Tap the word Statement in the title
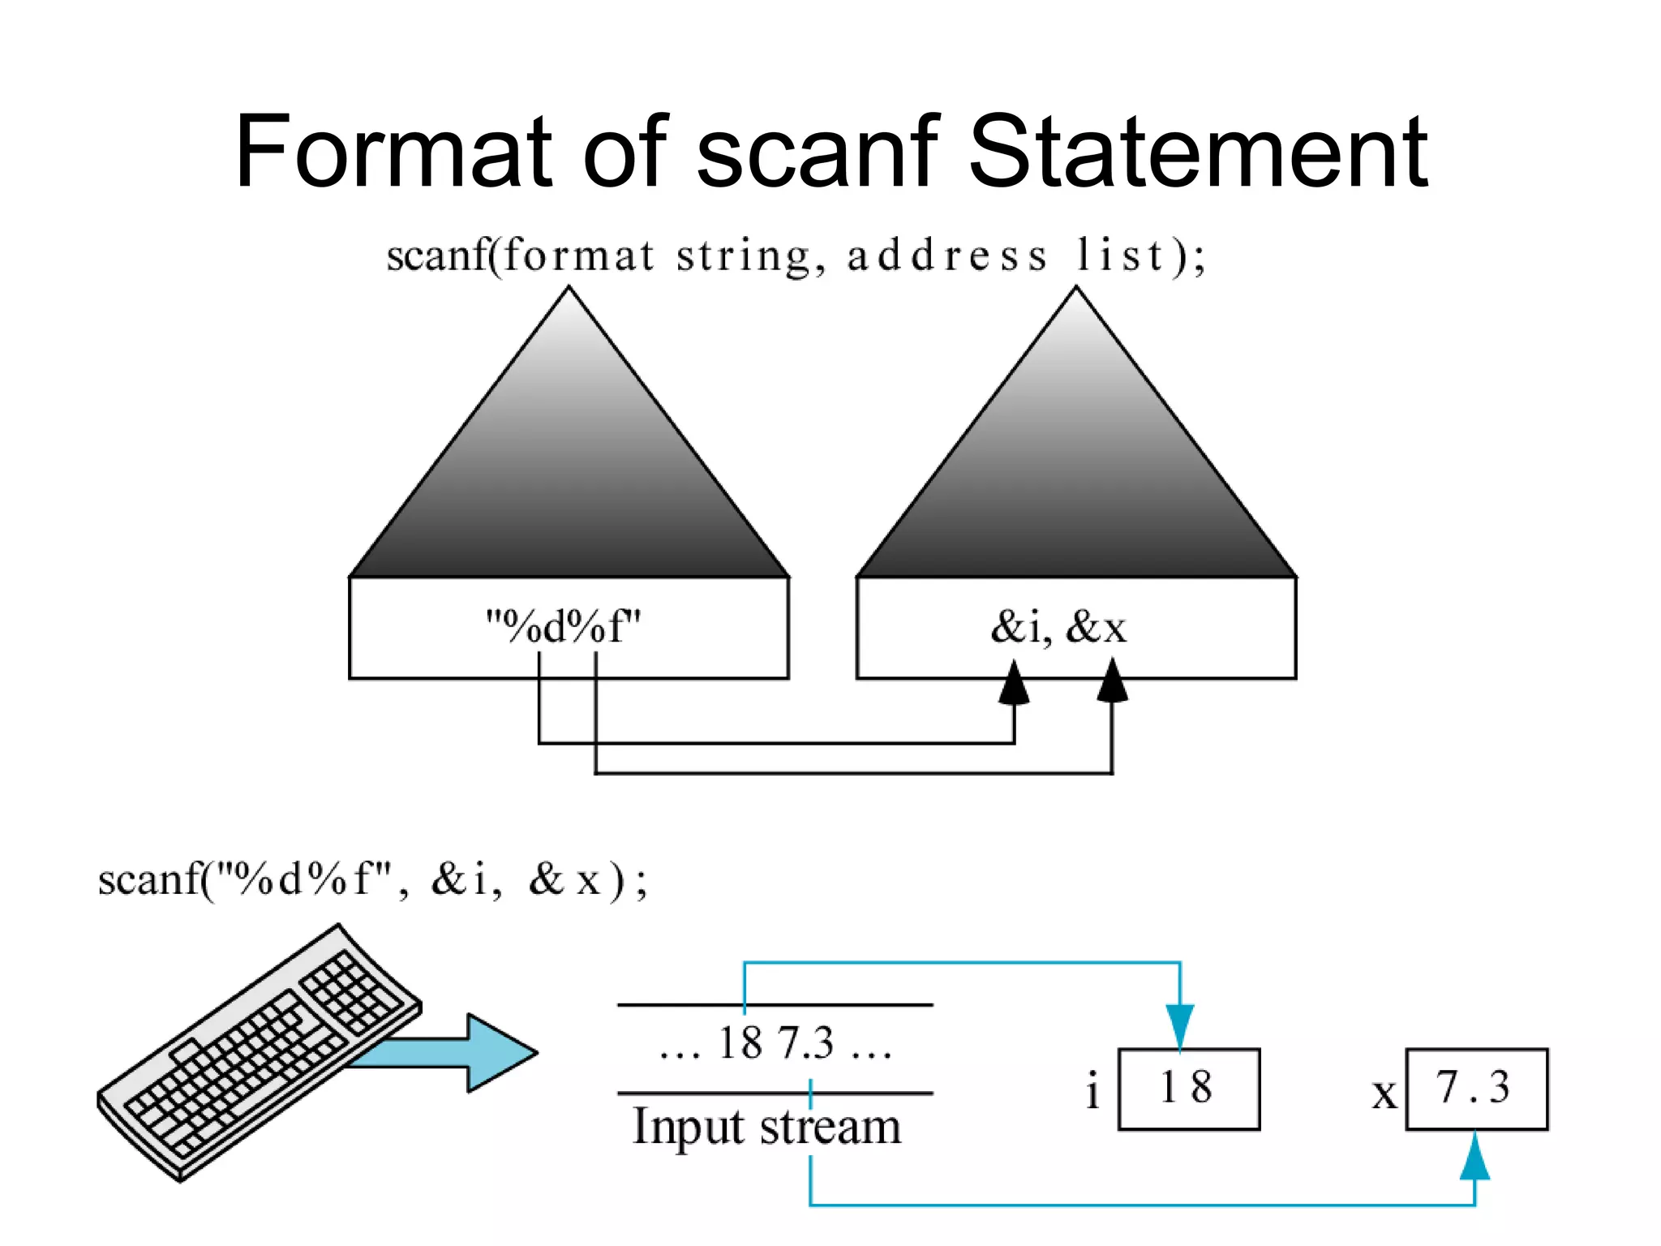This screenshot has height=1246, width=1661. click(x=1198, y=152)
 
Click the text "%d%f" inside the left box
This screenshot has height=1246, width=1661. click(x=563, y=627)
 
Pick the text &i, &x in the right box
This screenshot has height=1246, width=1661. click(x=1058, y=627)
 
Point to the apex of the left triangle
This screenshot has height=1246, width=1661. click(x=569, y=290)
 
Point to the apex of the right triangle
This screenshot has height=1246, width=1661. click(x=1076, y=290)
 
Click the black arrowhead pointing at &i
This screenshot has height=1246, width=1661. click(x=1014, y=684)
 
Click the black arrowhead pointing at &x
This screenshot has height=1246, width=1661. click(x=1112, y=681)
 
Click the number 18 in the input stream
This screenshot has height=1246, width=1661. click(x=740, y=1043)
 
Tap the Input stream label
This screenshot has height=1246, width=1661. click(x=766, y=1128)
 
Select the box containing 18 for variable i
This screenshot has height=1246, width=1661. click(x=1188, y=1089)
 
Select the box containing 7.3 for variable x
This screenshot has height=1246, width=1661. click(x=1476, y=1089)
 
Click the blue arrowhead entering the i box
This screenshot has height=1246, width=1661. click(x=1180, y=1027)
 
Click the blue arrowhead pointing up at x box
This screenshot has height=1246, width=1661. click(x=1474, y=1157)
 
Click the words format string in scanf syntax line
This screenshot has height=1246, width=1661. click(x=657, y=256)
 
